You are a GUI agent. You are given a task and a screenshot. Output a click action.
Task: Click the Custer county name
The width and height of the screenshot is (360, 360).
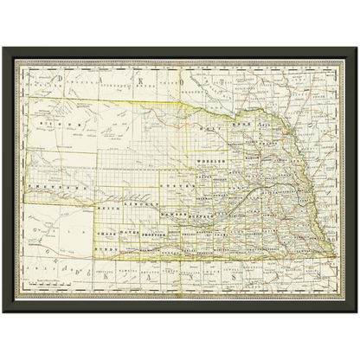(x=176, y=185)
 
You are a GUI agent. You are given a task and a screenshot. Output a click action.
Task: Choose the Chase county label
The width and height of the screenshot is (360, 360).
(x=108, y=234)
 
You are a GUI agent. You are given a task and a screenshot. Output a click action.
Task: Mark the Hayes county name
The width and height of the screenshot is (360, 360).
(x=130, y=234)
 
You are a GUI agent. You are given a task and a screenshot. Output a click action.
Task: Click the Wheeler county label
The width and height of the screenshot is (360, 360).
(x=212, y=160)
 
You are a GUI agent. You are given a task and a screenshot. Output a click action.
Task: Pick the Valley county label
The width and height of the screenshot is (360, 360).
(x=206, y=177)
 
